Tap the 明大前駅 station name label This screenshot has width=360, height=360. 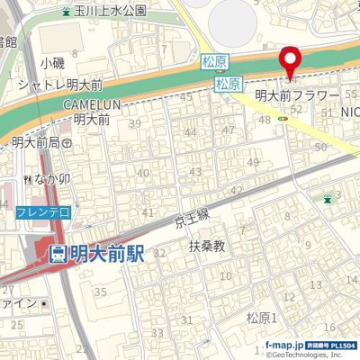[107, 254]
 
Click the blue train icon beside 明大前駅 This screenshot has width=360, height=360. [58, 255]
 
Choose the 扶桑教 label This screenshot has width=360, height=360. [206, 245]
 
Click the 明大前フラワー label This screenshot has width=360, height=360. [296, 94]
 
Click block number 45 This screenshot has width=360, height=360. [187, 97]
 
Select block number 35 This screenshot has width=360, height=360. [100, 291]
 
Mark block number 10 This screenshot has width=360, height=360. [226, 275]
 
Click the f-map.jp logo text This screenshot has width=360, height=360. [287, 344]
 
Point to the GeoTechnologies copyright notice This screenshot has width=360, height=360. [310, 355]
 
